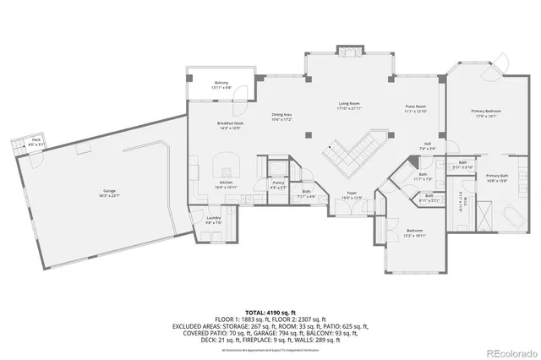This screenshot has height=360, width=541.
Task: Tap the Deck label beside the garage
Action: tap(36, 141)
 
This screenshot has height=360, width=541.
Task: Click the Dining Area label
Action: tap(281, 116)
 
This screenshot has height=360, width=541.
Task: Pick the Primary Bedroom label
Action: tap(486, 113)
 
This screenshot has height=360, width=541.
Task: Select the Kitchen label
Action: tap(226, 184)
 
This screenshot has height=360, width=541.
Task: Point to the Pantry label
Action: tap(278, 184)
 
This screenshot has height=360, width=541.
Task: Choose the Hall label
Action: tap(429, 145)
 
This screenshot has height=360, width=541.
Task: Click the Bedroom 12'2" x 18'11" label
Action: tap(414, 232)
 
